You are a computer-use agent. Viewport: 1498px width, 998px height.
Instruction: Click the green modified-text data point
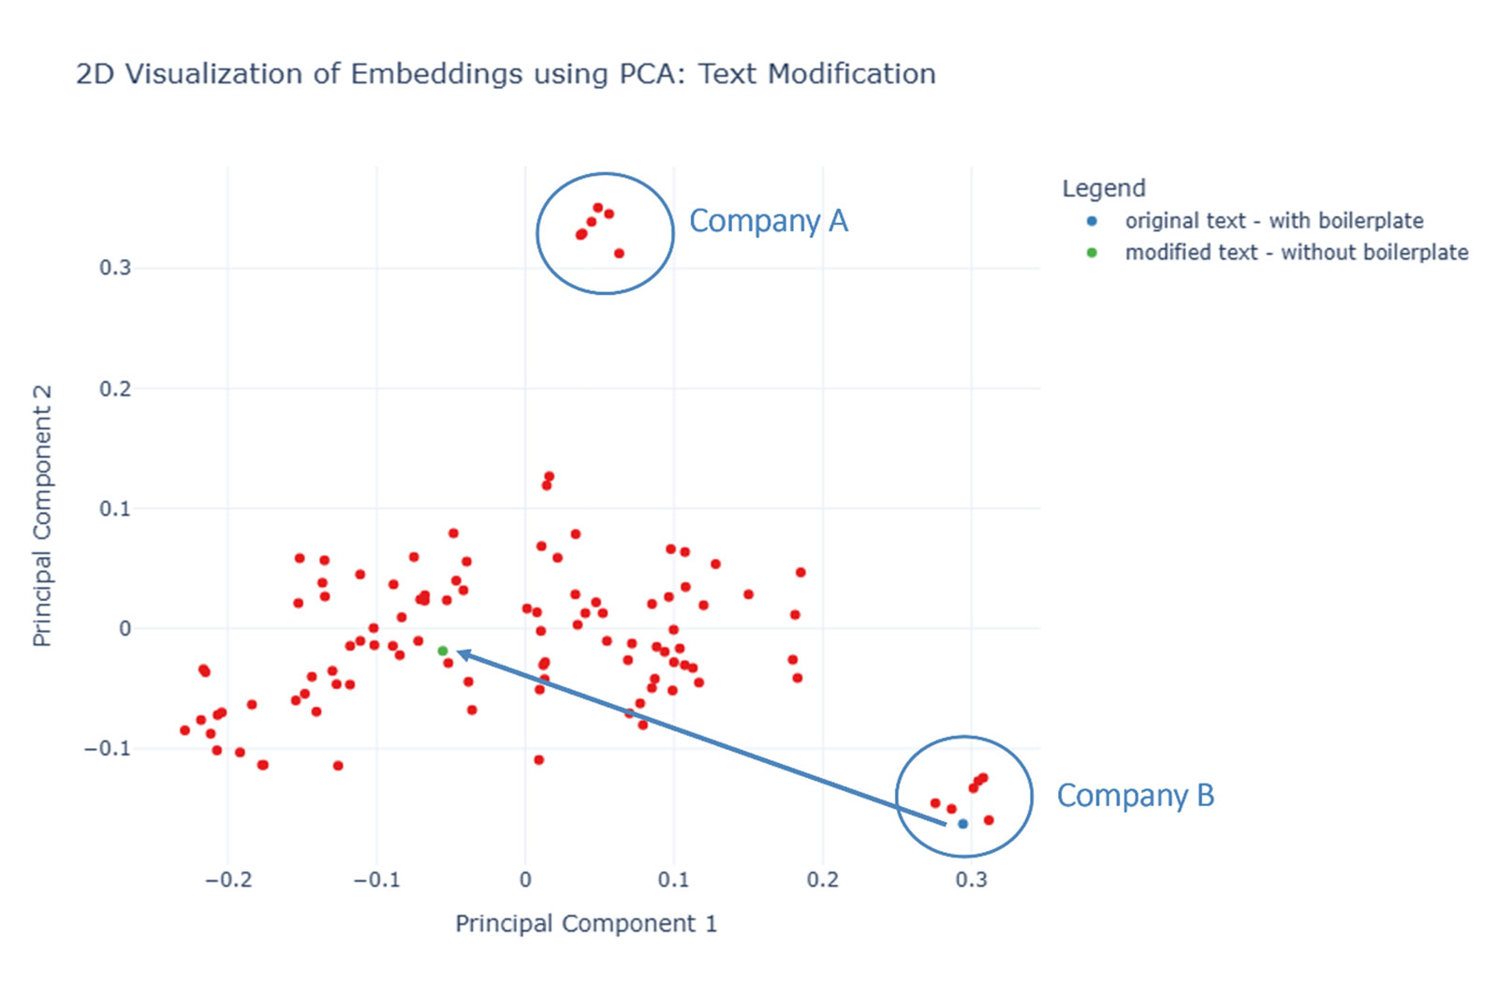click(442, 651)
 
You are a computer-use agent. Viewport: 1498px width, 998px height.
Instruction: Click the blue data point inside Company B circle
click(962, 824)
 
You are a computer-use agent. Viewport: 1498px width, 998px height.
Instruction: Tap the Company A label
click(768, 221)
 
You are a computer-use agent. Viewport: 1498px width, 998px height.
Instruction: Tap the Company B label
click(1135, 796)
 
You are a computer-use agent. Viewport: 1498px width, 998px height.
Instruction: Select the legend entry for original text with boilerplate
click(1273, 221)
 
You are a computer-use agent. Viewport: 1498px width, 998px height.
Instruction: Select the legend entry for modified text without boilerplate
click(1296, 253)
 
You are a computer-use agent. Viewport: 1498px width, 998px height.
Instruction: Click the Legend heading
click(1103, 188)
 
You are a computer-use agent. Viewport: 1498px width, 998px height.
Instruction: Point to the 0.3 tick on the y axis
click(115, 268)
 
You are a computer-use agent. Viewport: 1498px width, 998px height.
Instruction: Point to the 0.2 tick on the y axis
click(115, 389)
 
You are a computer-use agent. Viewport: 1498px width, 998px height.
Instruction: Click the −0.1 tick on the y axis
click(108, 749)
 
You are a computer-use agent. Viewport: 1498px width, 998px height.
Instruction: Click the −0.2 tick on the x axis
click(228, 880)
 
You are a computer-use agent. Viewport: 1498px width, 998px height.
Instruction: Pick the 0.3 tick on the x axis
click(971, 880)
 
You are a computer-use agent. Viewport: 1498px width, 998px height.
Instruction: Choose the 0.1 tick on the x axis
click(673, 880)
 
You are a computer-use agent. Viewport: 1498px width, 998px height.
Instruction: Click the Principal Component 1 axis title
click(585, 924)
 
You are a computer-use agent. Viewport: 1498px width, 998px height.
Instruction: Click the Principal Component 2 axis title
click(42, 515)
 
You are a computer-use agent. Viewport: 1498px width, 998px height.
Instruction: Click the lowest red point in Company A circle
click(619, 254)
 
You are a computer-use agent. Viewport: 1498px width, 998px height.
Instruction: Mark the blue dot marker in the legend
click(1092, 221)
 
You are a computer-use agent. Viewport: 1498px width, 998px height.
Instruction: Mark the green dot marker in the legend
click(1092, 253)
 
